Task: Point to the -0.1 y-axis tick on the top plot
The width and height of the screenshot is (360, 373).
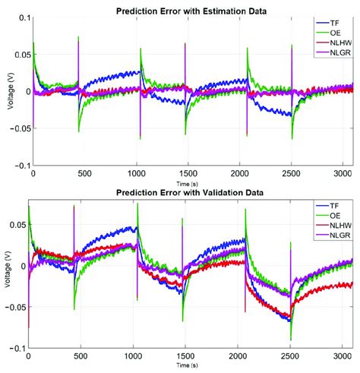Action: pos(21,165)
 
